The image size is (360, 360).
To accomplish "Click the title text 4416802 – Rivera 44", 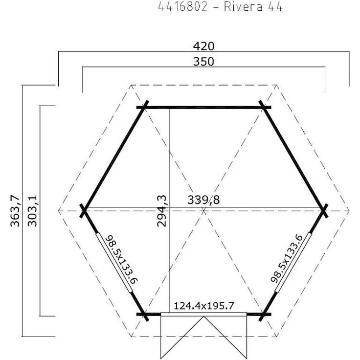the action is [221, 7].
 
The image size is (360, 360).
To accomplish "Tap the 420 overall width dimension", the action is [203, 46].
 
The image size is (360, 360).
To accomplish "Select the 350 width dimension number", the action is [203, 62].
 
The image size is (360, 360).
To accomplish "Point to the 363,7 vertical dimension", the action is [15, 211].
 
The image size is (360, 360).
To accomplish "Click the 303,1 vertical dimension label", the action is [32, 211].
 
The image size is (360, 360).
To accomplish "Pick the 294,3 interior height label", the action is [161, 211].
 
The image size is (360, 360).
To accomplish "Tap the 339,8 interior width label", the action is [203, 200].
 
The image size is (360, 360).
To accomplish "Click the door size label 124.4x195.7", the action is [204, 306].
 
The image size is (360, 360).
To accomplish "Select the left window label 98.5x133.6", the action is [121, 259].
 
